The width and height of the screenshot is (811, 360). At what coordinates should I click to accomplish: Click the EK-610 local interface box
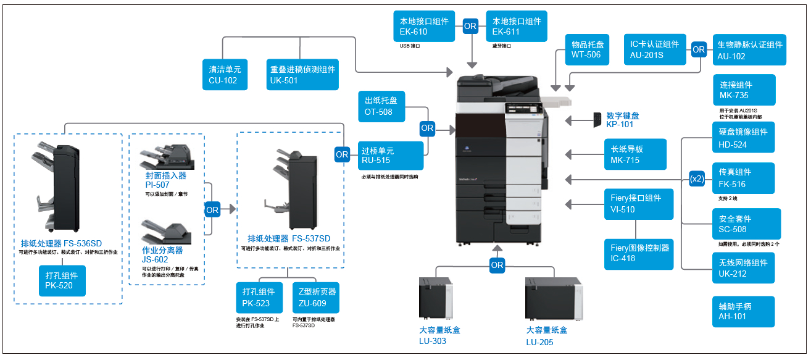coord(424,27)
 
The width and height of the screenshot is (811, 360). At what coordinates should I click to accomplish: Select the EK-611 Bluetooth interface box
coord(517,27)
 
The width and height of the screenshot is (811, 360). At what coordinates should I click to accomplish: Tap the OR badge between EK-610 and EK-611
coord(470,26)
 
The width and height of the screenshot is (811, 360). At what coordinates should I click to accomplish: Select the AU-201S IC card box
coord(654,49)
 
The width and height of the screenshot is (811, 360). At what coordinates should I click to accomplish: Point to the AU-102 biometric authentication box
coord(749,50)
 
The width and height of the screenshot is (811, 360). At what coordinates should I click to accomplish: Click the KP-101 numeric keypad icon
coord(597,120)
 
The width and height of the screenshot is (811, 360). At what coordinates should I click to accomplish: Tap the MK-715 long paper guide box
coord(635,154)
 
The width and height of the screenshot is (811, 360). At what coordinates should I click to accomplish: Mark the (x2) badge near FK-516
coord(697,179)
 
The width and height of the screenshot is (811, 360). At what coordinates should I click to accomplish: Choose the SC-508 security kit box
coord(746,224)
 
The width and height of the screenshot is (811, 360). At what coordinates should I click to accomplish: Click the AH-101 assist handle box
coord(743,311)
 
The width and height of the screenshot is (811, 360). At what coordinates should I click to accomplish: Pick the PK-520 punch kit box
coord(62,281)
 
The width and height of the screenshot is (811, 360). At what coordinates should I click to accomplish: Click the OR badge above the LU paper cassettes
coord(497,265)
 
